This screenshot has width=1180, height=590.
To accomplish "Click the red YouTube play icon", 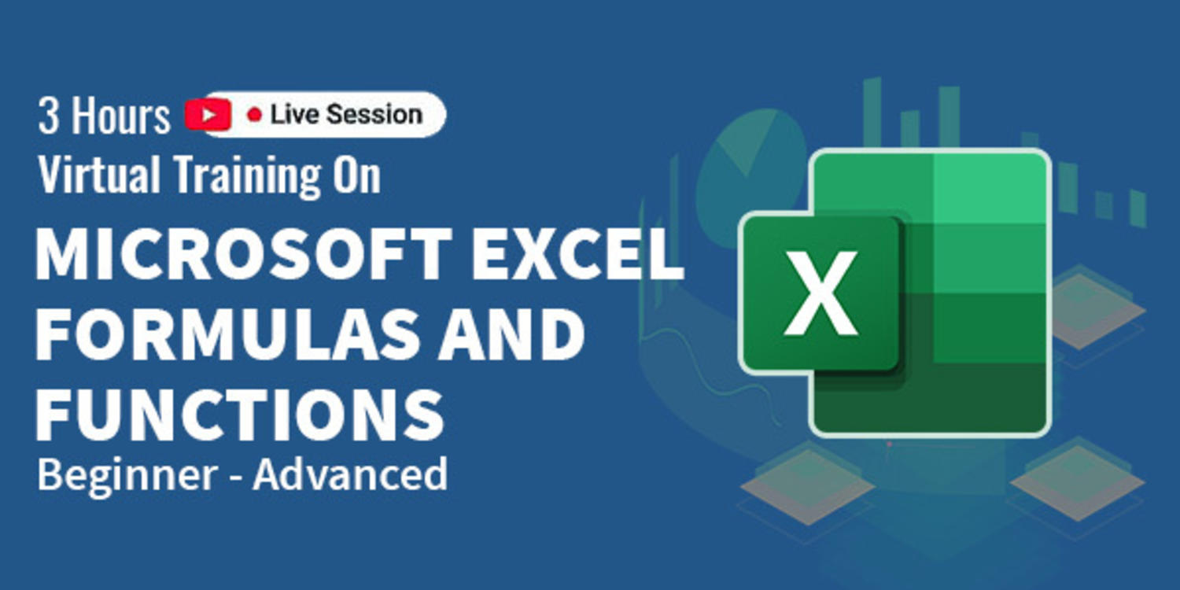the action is point(208,114).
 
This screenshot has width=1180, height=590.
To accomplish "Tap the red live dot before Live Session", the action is point(254,114).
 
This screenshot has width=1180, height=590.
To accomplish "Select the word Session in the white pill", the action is point(374,114).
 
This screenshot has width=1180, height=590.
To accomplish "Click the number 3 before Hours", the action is point(48,116).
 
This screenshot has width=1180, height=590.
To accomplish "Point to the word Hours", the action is point(120,116).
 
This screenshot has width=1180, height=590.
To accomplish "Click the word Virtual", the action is point(98,174).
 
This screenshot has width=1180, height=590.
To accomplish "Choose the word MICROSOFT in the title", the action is point(244,253).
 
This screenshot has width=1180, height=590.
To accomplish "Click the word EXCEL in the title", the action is point(577,253).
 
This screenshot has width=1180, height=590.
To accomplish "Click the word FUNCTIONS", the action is point(240,415).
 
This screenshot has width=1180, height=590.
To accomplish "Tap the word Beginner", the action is point(127,476).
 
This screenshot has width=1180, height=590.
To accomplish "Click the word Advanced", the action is point(350,474).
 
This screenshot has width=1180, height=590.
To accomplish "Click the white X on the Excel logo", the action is point(820,293).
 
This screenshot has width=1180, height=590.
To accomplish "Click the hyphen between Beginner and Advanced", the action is point(235,478).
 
